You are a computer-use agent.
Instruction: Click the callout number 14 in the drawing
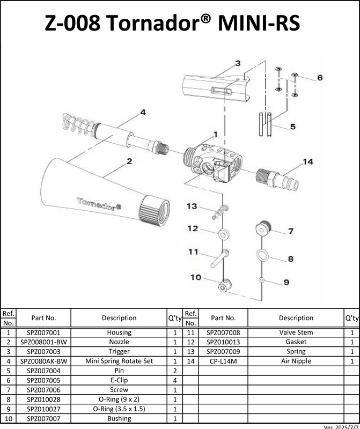(x=308, y=162)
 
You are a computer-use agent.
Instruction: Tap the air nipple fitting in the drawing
(x=277, y=180)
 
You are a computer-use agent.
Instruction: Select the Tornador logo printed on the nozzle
(x=99, y=204)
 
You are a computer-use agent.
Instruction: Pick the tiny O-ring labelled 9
(x=262, y=280)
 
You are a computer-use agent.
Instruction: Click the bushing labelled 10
(x=225, y=286)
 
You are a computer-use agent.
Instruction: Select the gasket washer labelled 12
(x=224, y=234)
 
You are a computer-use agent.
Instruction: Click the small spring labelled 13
(x=221, y=212)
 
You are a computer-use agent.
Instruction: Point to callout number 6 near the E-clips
(x=320, y=78)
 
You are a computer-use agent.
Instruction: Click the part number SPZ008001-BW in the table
(x=43, y=342)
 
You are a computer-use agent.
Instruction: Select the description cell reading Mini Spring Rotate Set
(x=119, y=361)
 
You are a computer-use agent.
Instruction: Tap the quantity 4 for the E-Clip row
(x=175, y=380)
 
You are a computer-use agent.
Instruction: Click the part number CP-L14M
(x=223, y=361)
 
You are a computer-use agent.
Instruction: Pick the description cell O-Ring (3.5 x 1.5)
(x=119, y=409)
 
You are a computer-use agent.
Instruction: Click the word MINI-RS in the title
(x=259, y=23)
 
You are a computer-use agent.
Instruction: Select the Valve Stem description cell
(x=296, y=332)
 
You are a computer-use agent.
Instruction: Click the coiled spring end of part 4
(x=79, y=125)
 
